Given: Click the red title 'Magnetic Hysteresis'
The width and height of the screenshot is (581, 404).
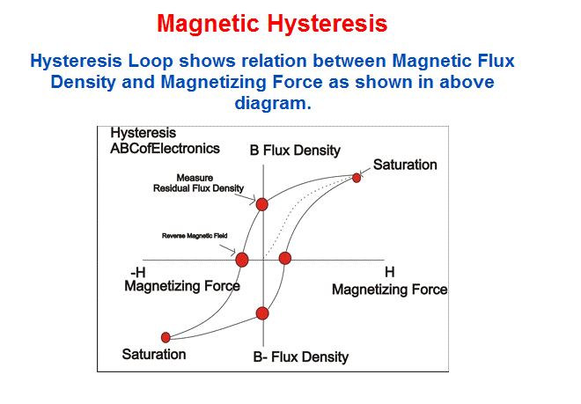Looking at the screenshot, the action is [272, 24].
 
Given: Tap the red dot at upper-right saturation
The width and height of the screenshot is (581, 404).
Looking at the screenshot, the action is [357, 178].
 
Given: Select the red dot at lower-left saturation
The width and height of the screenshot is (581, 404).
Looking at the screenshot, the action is [165, 337].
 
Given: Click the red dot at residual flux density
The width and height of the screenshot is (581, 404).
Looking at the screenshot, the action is [262, 204].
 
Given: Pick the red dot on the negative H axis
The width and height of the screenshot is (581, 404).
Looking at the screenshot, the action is [242, 260].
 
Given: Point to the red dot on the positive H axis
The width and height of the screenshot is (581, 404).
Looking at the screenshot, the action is [285, 258].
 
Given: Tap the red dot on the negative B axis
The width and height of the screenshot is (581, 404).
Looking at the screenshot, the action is [262, 313].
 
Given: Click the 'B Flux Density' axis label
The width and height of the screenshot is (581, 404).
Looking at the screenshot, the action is [295, 151].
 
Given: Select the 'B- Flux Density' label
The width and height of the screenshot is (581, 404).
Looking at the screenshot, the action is [301, 357].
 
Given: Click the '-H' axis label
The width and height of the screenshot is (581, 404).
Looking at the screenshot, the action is [138, 273].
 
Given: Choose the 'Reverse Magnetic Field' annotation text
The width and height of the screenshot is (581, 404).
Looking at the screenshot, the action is [195, 236].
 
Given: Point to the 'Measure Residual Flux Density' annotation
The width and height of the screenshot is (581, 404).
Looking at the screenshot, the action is [198, 183].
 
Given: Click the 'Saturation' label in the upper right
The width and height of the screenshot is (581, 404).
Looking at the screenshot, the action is [405, 165].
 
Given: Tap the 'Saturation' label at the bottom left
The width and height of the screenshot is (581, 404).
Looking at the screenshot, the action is [154, 355].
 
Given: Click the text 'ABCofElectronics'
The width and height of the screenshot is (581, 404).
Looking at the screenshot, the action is [165, 149].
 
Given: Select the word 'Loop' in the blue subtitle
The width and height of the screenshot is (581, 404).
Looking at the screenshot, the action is [151, 62].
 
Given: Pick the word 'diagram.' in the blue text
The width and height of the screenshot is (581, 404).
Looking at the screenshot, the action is [273, 103].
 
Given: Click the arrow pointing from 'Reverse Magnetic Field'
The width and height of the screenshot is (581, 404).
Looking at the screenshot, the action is [227, 249].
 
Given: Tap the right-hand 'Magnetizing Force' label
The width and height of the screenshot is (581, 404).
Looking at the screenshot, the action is [389, 290].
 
